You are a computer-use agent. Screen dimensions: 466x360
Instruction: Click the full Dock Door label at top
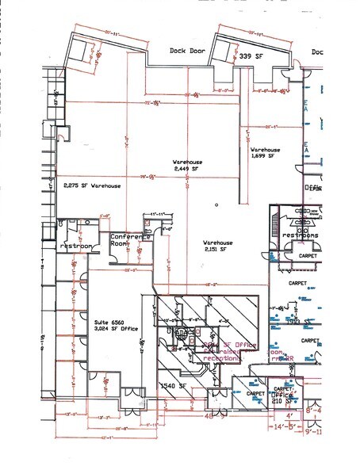(187, 50)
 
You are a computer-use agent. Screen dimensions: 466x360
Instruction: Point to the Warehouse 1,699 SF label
(266, 153)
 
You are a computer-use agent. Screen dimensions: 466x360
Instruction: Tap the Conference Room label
(129, 240)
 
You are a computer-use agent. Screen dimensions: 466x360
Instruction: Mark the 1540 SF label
(172, 385)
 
